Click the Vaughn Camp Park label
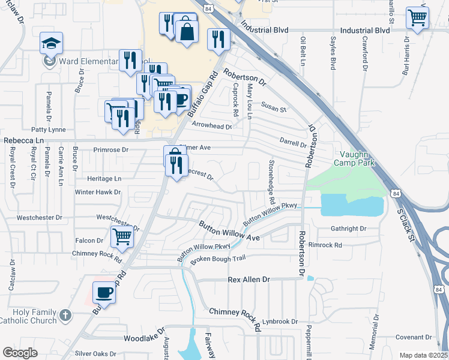point(354,158)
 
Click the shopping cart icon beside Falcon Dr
point(122,236)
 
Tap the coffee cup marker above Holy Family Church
point(104,293)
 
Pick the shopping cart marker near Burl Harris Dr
point(417,17)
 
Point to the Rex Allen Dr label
point(250,280)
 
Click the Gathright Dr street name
point(348,229)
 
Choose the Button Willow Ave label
point(229,231)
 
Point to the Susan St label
point(274,109)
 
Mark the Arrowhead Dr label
point(212,126)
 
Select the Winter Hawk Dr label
point(98,193)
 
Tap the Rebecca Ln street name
point(25,140)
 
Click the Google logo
point(20,353)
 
